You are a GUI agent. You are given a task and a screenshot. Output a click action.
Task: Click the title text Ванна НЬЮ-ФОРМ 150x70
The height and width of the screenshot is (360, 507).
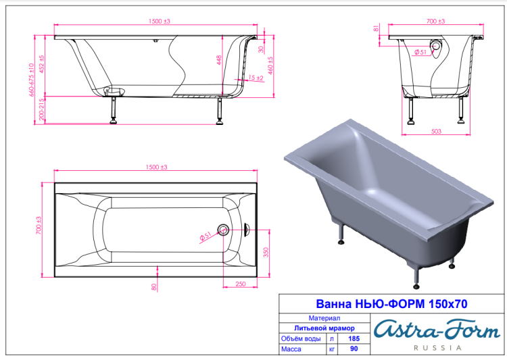(391, 304)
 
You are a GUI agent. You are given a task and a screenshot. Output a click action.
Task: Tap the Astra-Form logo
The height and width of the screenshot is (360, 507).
(437, 330)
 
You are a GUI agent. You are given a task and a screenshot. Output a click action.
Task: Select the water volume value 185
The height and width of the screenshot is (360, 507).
(354, 338)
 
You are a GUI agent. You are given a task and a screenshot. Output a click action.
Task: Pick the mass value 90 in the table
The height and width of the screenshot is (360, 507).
(354, 349)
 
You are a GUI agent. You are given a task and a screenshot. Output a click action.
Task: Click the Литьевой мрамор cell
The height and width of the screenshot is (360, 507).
(324, 328)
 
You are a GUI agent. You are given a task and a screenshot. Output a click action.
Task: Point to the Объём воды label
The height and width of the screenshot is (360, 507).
(301, 338)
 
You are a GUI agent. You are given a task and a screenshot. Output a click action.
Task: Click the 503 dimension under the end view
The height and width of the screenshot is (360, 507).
(436, 131)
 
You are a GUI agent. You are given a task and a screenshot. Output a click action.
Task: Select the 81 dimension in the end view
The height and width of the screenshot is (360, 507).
(376, 28)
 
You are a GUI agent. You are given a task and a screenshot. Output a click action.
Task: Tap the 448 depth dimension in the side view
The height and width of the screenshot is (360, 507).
(219, 60)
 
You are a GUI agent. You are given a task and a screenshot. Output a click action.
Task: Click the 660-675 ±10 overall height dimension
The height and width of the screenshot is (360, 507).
(31, 80)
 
